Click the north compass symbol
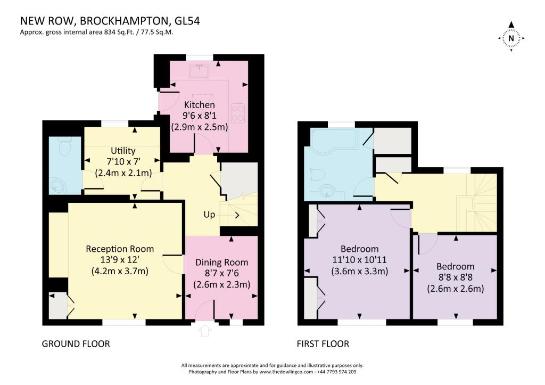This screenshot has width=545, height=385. tap(511, 38)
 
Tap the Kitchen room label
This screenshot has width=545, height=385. tap(200, 105)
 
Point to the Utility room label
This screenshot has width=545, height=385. tap(123, 151)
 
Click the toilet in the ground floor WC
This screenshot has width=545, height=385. tap(65, 146)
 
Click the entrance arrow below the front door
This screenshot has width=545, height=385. tap(204, 331)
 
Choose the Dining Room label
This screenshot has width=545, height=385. tap(221, 262)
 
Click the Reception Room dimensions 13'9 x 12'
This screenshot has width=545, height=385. tap(120, 260)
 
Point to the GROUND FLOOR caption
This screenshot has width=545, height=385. tap(76, 344)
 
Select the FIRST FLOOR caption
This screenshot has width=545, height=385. tap(323, 344)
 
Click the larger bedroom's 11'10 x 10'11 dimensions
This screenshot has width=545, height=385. tap(359, 260)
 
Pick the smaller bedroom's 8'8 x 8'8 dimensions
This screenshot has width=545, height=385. tap(455, 278)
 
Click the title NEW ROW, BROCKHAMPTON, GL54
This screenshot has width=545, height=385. tap(110, 21)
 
